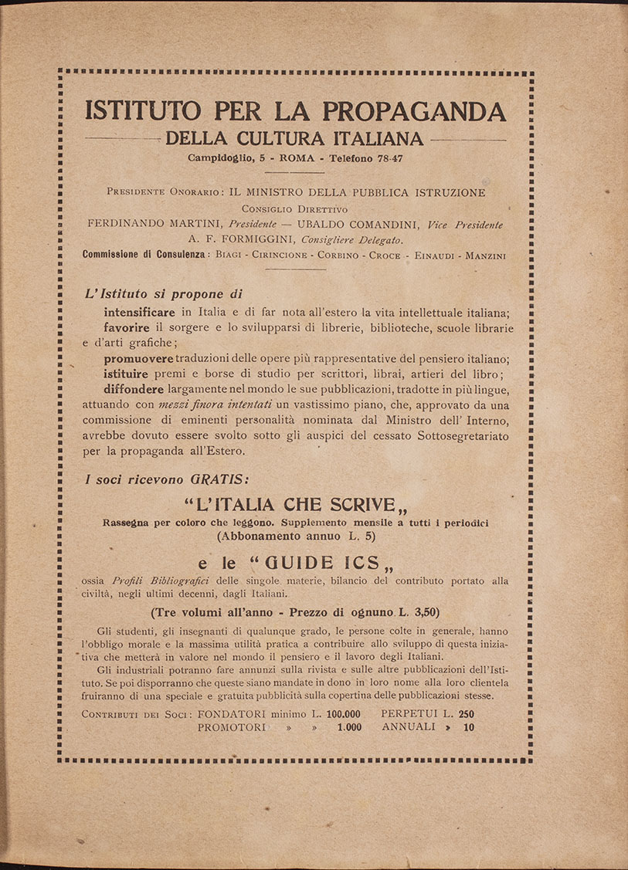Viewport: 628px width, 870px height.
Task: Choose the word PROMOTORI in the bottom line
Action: [232, 727]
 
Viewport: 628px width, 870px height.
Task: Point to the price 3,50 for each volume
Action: [422, 612]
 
